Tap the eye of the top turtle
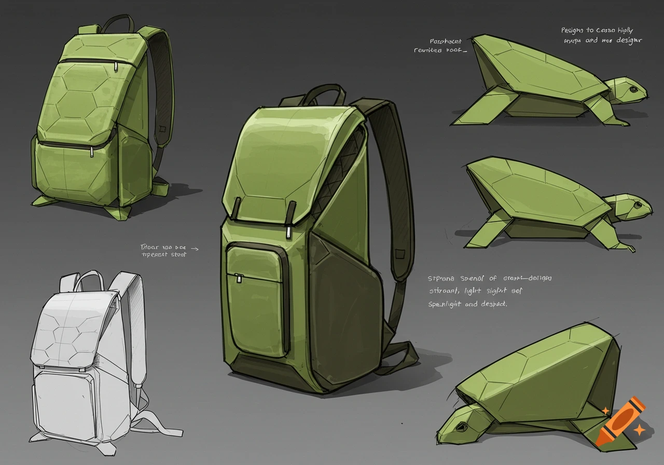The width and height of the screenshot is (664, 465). (x=633, y=90)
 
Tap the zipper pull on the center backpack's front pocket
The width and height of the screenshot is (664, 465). (x=239, y=279)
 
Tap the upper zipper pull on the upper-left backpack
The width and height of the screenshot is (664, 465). (x=116, y=68)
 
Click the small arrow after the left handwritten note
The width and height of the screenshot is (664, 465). (x=195, y=248)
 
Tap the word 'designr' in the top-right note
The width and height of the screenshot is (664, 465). (x=629, y=40)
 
